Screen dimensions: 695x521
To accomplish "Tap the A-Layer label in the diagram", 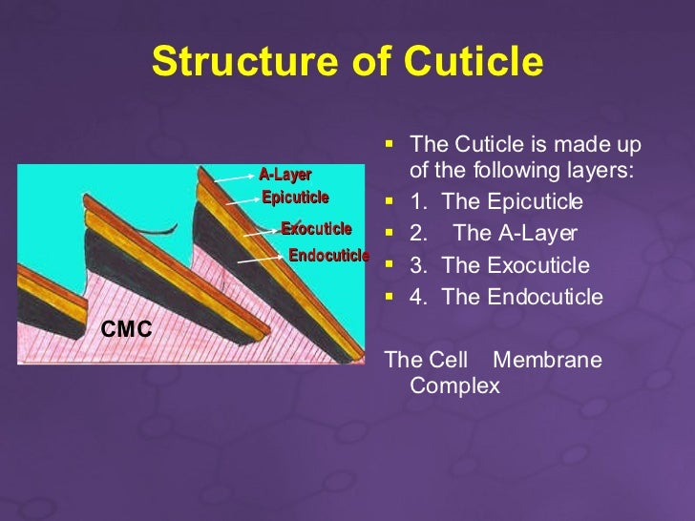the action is point(284,174).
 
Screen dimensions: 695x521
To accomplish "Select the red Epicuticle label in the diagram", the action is point(295,198).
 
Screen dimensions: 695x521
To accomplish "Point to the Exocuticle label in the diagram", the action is point(316,228).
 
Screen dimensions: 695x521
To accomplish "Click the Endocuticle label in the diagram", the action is point(328,255).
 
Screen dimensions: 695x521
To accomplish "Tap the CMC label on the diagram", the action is point(126,329).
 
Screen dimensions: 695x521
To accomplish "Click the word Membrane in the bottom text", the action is point(547,360).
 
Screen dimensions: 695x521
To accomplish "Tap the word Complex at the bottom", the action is point(454,386).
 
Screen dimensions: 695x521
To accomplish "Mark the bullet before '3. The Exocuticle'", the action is point(388,265).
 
